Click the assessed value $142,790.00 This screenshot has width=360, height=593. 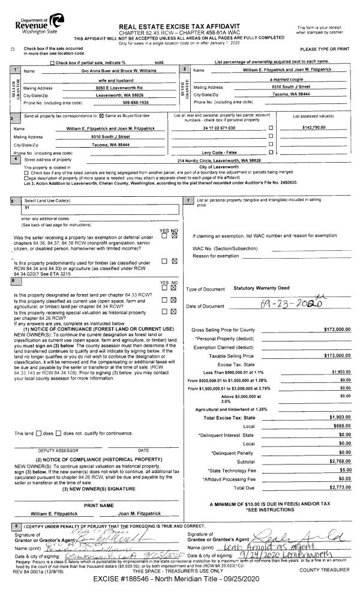click(317, 128)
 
